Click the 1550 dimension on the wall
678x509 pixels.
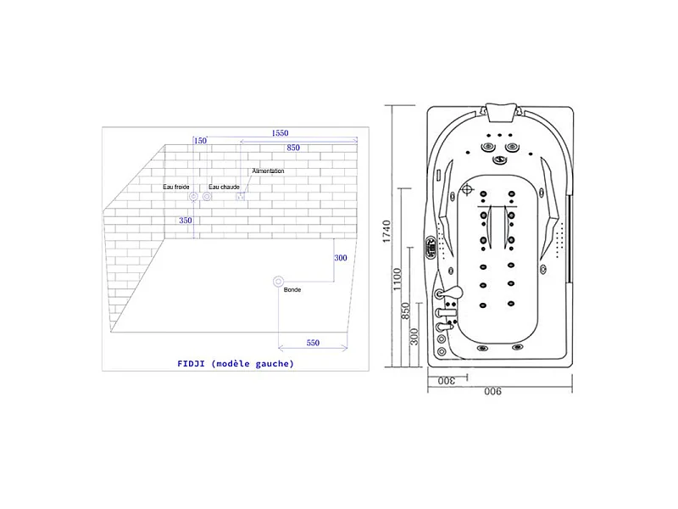[x=280, y=133]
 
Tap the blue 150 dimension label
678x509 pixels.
[x=200, y=141]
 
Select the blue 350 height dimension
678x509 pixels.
[x=186, y=221]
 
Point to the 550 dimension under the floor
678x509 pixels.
[x=313, y=343]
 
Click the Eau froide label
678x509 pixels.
[x=176, y=187]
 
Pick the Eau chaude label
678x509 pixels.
[x=224, y=187]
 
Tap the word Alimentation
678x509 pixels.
[x=268, y=171]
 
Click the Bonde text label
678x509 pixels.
[x=292, y=289]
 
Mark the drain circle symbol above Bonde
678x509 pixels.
[x=279, y=282]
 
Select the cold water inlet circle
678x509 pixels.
[x=193, y=197]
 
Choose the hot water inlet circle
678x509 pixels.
[x=207, y=197]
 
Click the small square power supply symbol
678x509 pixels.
[x=241, y=197]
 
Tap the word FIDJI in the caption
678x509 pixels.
[x=191, y=364]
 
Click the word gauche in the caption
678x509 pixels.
[x=272, y=364]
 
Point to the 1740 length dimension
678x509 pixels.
[x=386, y=232]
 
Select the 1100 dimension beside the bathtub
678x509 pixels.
[x=397, y=280]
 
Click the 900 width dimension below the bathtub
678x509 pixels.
[x=493, y=391]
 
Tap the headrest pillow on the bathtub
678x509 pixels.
[x=501, y=112]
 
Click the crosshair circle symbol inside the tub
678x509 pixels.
[x=467, y=189]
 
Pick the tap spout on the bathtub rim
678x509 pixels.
[x=451, y=293]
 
